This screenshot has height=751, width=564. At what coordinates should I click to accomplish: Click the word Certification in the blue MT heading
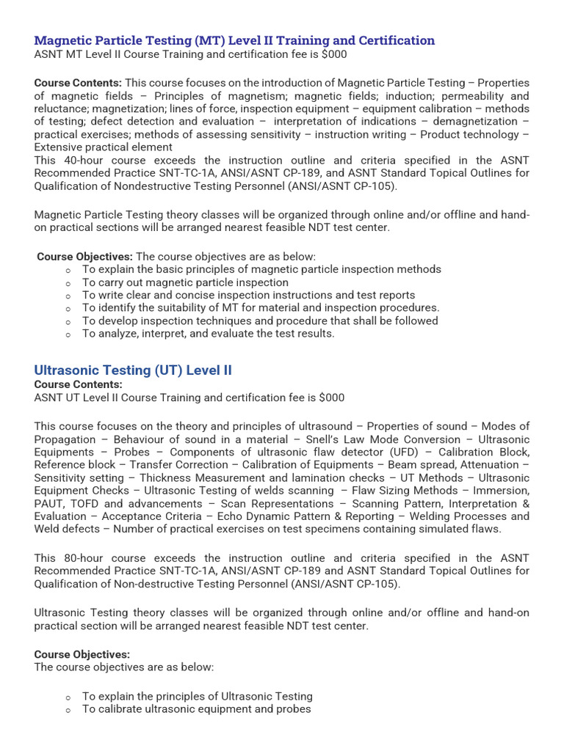pyautogui.click(x=394, y=41)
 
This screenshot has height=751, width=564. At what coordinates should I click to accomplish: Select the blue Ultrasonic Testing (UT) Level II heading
pyautogui.click(x=133, y=370)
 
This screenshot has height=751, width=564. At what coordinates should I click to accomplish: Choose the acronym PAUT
pyautogui.click(x=50, y=504)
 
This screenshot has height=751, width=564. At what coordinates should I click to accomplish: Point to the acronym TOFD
pyautogui.click(x=84, y=504)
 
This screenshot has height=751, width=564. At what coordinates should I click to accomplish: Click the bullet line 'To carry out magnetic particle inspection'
pyautogui.click(x=185, y=282)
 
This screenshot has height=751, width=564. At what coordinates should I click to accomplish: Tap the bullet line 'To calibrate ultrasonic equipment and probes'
pyautogui.click(x=196, y=709)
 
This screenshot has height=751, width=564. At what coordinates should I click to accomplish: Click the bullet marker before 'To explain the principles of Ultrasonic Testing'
pyautogui.click(x=68, y=697)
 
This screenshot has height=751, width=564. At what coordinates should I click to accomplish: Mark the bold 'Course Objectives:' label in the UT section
pyautogui.click(x=82, y=654)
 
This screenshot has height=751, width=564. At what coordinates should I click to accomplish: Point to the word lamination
pyautogui.click(x=319, y=478)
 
